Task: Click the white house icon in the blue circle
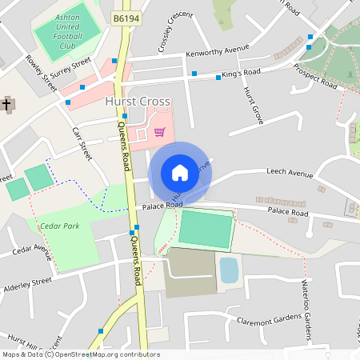point(179,172)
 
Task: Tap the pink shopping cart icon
point(159,131)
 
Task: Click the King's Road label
point(241,74)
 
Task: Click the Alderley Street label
point(27,282)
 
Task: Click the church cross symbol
point(7,104)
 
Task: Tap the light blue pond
point(229,270)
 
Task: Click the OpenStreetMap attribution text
point(81,354)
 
